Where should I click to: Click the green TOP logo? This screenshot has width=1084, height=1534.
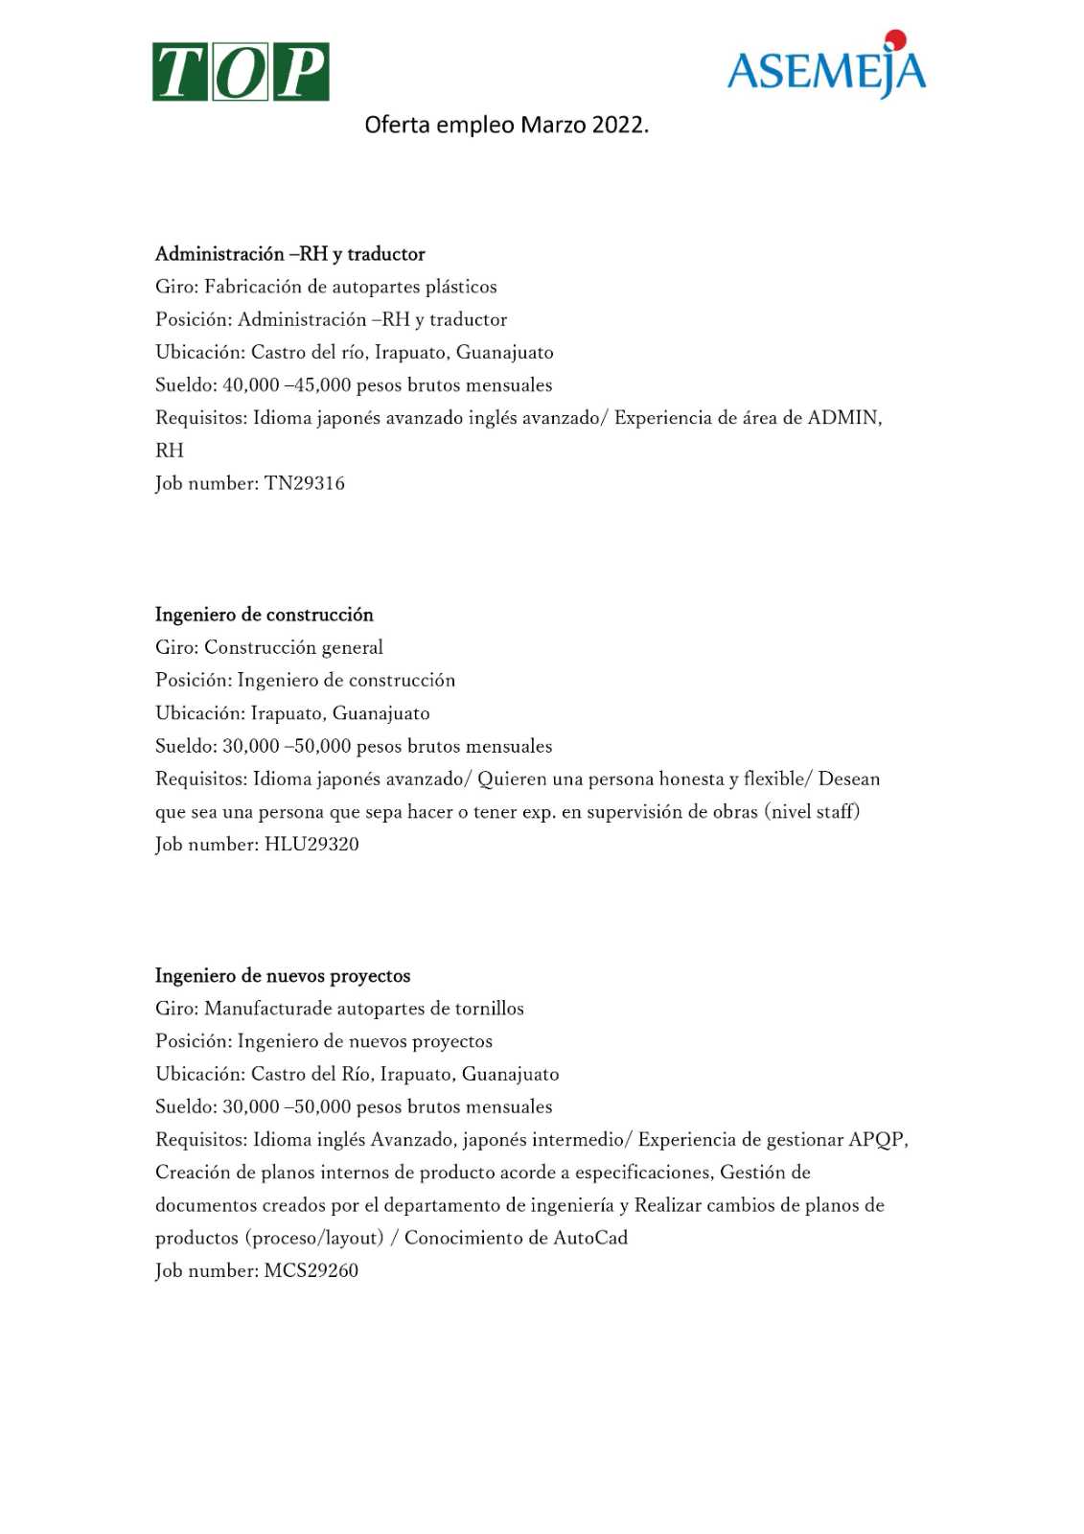[241, 72]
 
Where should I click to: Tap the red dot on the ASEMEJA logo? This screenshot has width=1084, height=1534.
[896, 39]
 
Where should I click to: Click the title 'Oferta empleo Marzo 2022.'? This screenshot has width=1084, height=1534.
[506, 126]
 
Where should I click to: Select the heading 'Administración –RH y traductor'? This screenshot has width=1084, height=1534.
[289, 254]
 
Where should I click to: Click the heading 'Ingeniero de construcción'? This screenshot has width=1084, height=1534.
[265, 615]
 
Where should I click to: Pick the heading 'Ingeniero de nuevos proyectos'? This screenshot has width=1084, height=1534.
[283, 976]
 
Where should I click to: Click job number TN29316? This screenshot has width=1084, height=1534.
[304, 483]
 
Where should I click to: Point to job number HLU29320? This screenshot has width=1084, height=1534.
[311, 845]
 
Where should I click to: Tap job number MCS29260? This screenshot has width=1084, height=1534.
[311, 1271]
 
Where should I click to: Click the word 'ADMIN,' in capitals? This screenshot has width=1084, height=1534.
[844, 418]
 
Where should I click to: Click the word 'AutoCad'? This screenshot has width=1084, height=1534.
[590, 1238]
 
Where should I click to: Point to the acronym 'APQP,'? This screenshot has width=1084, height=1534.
[878, 1140]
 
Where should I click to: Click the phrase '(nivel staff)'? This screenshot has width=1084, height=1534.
[812, 812]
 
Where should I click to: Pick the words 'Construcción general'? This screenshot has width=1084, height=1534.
[293, 648]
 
